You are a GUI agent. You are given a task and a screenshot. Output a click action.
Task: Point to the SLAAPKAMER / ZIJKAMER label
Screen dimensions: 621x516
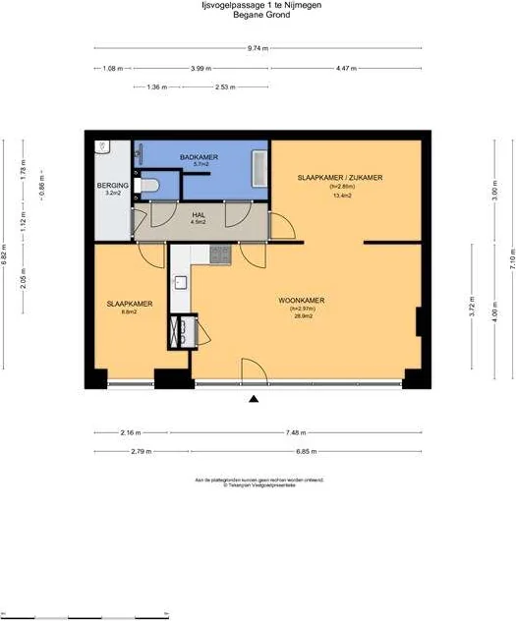[x=340, y=177]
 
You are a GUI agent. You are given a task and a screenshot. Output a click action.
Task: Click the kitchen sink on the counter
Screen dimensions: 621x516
[x=180, y=283]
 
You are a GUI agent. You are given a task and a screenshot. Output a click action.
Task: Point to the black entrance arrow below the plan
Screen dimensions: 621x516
[x=255, y=398]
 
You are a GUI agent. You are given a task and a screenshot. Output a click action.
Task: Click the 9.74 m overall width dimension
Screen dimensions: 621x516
[x=258, y=47]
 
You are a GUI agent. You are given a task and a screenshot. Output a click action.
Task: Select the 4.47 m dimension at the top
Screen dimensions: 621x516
[x=346, y=68]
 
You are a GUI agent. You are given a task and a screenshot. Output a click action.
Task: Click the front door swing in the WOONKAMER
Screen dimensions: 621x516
[x=253, y=371]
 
